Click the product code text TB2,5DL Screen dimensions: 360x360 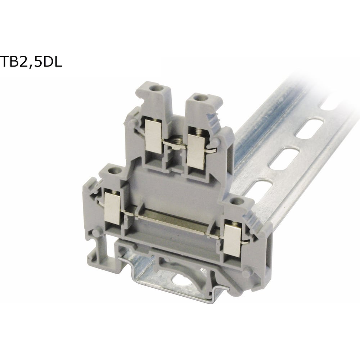point(31,61)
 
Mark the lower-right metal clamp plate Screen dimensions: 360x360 point(232,240)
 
